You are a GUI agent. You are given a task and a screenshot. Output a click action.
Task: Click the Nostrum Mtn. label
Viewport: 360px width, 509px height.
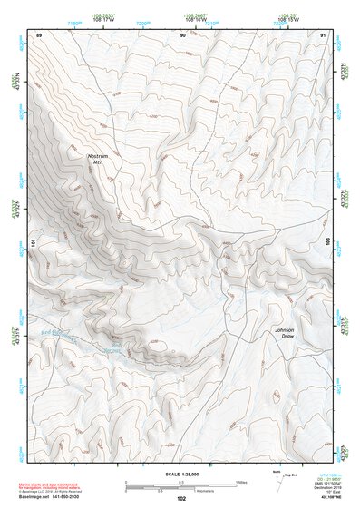click(x=98, y=159)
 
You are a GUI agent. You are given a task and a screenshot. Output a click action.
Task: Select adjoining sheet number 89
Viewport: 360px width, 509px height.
click(x=39, y=34)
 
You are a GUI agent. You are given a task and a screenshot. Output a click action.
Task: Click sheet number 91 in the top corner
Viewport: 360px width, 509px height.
click(x=324, y=34)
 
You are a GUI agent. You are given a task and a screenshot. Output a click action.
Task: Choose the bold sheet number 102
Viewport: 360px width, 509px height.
click(x=181, y=498)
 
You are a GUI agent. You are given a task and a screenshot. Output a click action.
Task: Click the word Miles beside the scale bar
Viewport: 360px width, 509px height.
click(x=243, y=481)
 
